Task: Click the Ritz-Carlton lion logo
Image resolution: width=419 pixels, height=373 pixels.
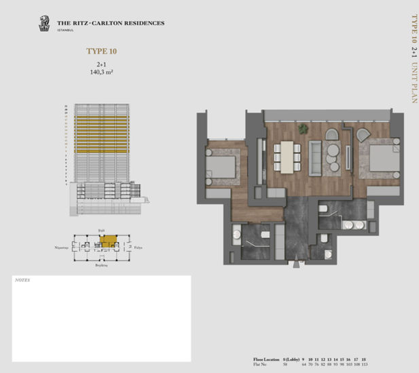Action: tap(44, 24)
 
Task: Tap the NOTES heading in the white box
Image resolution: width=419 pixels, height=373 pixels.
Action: tap(22, 279)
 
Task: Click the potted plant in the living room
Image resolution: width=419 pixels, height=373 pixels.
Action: tap(304, 128)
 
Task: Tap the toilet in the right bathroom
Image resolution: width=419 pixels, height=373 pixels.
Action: tap(324, 210)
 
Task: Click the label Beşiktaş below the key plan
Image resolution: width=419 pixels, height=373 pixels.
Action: tap(102, 266)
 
